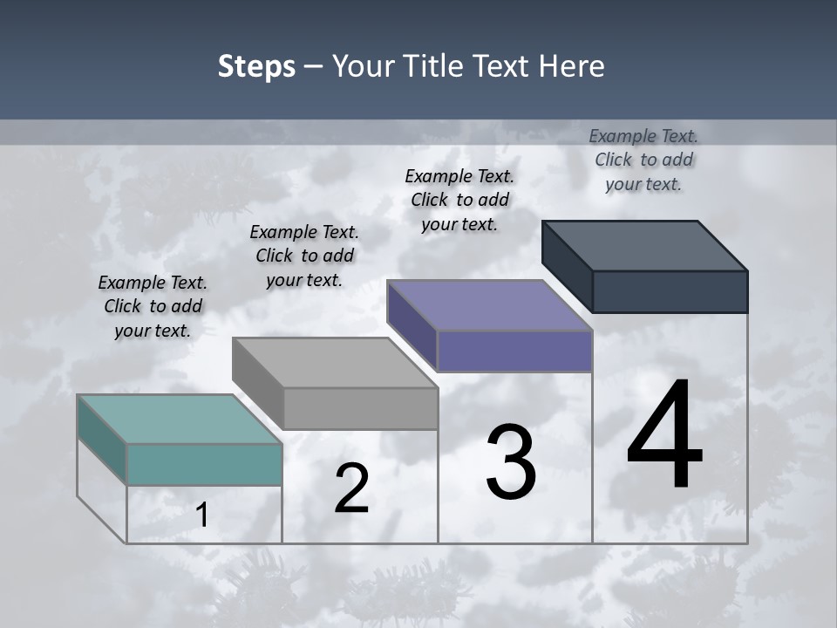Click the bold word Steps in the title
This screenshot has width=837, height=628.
256,66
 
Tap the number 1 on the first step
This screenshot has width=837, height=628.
201,515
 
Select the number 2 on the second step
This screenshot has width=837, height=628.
351,488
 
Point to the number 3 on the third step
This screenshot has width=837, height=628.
511,463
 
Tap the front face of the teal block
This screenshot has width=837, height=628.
204,464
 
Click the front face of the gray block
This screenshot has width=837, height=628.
360,408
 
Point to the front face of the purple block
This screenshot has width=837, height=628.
514,351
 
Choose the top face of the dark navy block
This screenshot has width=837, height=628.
644,245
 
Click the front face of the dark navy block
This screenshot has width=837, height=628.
670,291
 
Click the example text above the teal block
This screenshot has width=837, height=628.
153,306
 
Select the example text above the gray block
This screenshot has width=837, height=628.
304,256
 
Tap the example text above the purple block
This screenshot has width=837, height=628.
459,200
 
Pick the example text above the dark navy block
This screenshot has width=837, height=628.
643,160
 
